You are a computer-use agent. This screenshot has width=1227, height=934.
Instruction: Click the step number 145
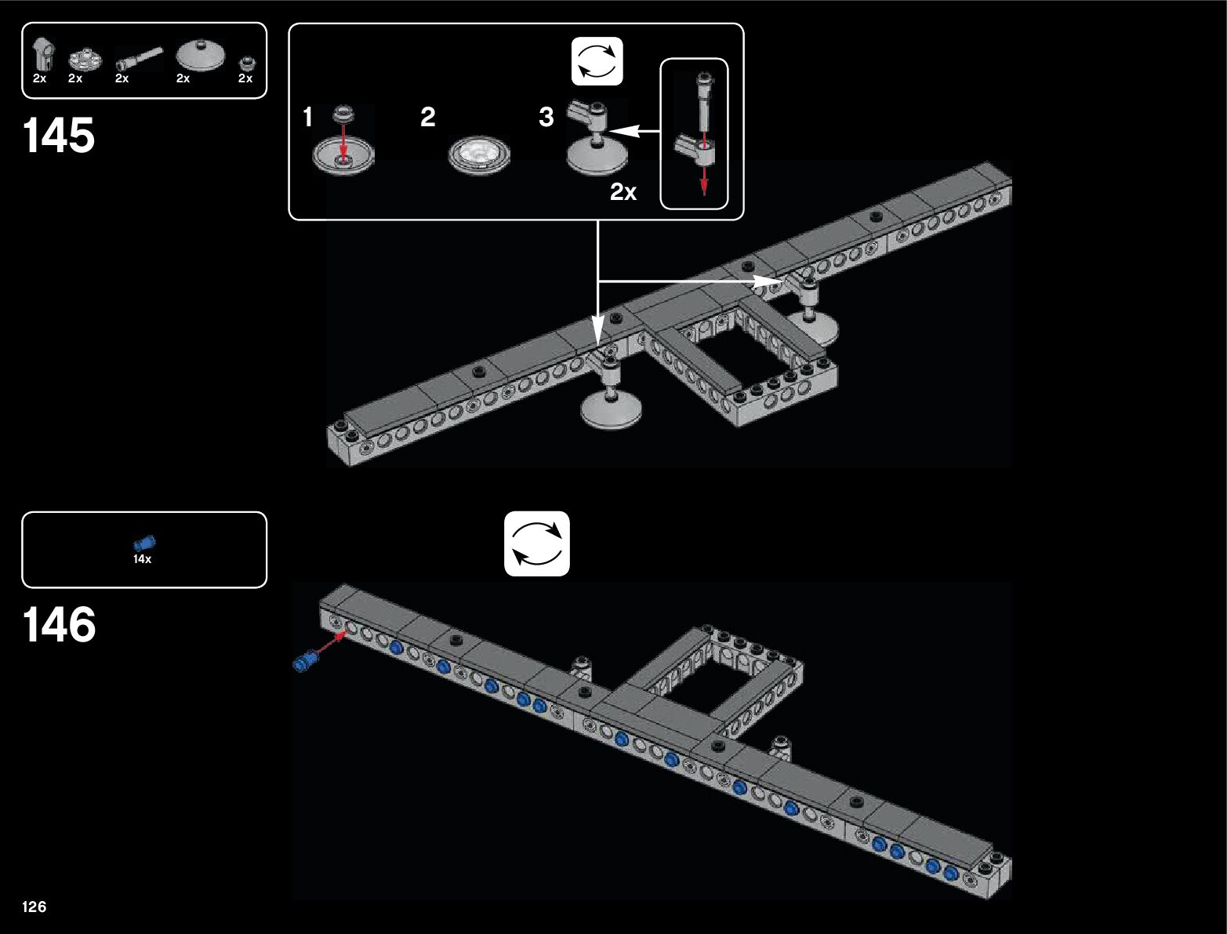click(60, 135)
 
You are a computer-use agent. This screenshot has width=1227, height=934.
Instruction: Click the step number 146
click(60, 625)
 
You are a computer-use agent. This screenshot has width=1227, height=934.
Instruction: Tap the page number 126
click(34, 907)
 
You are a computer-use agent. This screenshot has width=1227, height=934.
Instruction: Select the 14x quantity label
click(142, 559)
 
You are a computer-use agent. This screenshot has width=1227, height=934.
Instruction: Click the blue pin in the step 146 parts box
click(144, 543)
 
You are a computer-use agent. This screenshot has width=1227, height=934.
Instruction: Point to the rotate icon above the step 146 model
click(536, 543)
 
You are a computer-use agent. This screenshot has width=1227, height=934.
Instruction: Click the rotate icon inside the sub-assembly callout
click(597, 61)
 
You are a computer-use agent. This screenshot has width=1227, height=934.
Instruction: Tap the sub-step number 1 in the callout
click(308, 118)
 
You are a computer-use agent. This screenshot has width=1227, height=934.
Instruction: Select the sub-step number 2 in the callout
click(427, 118)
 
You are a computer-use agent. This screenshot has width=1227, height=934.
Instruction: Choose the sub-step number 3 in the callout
click(546, 118)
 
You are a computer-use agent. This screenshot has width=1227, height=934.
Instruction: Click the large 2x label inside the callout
click(623, 192)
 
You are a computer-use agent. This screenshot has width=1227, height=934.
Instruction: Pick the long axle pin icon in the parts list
click(140, 59)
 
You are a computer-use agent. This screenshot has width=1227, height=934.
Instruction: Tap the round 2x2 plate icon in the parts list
click(84, 59)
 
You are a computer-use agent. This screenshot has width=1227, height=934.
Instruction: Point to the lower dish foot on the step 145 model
click(612, 409)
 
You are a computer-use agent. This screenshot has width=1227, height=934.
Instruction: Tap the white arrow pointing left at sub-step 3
click(635, 133)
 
